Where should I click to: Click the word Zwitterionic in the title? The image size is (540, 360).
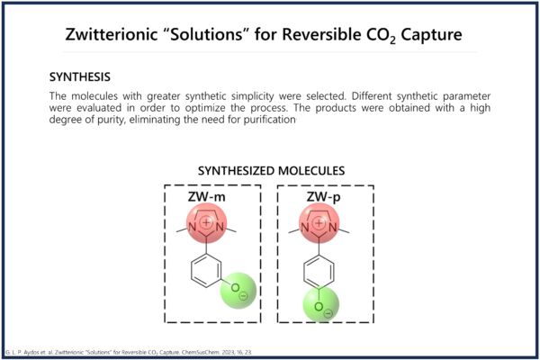[x=111, y=34]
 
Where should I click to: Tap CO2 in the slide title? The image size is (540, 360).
[x=380, y=35]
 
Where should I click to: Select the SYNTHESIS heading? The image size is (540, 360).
[x=80, y=76]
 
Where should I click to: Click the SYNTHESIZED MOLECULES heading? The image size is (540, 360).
[x=272, y=171]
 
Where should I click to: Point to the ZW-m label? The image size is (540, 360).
[x=207, y=197]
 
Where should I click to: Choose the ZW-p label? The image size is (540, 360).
[x=323, y=197]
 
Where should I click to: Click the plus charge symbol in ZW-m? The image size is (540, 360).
[x=206, y=222]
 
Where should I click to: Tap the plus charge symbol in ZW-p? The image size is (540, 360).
[x=319, y=223]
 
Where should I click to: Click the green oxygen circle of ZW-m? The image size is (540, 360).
[x=238, y=291]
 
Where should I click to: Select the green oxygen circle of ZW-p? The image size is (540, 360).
[x=321, y=304]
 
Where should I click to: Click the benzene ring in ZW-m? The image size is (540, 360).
[x=206, y=271]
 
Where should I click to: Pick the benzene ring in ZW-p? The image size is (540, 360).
[x=319, y=272]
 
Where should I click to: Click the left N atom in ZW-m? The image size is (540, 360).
[x=193, y=228]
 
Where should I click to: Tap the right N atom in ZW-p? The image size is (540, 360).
[x=333, y=228]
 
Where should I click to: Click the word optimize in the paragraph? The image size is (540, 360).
[x=205, y=108]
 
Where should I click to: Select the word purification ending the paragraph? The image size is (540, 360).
[x=269, y=120]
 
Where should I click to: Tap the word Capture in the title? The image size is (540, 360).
[x=431, y=34]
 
